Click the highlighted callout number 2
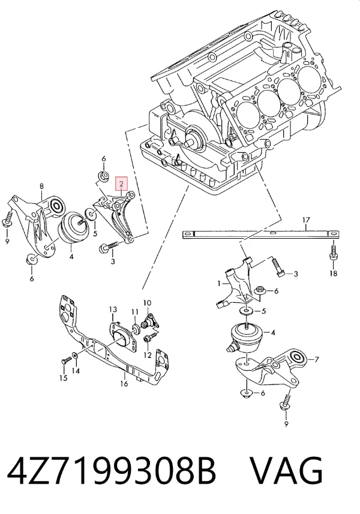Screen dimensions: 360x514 coord(121,184)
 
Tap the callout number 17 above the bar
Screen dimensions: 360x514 coord(306,220)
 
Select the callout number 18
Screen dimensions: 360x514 coord(333,273)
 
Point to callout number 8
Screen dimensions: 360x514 coord(41,187)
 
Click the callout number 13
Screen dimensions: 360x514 coord(113,309)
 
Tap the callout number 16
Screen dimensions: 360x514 coord(124,383)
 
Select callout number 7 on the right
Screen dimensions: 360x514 coord(316,360)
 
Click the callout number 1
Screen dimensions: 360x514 coord(220,283)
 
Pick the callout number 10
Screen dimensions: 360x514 coord(147,302)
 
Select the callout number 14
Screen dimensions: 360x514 coord(76,371)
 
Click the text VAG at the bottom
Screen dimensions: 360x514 coord(287,470)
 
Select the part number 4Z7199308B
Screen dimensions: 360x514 coord(111,470)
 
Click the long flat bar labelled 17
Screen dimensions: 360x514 coord(260,235)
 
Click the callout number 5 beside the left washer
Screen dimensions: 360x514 coord(95,234)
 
